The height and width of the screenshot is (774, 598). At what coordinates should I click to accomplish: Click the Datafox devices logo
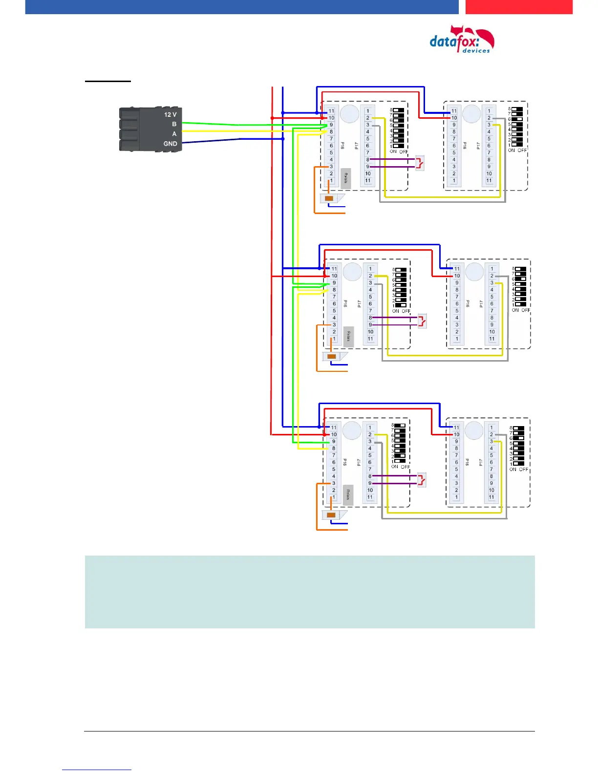(462, 39)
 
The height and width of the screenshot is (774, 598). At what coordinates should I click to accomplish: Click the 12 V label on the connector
(170, 114)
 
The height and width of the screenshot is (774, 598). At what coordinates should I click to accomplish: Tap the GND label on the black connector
(170, 144)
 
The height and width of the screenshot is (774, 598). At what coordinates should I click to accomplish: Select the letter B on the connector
(174, 124)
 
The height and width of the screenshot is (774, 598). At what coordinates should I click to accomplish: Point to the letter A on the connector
(174, 134)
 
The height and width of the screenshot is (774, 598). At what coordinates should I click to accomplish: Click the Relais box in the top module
(345, 178)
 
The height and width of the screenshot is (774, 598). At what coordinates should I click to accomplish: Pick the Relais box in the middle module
(348, 337)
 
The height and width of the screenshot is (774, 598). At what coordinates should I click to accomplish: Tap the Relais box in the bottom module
(348, 495)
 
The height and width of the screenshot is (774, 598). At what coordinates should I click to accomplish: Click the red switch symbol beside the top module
(420, 163)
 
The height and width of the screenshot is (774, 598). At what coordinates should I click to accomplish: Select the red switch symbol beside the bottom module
(422, 480)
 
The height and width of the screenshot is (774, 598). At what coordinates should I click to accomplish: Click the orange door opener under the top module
(329, 198)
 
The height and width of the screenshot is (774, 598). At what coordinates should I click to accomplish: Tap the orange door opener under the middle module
(332, 356)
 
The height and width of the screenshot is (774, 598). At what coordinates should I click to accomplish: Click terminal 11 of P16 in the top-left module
(331, 111)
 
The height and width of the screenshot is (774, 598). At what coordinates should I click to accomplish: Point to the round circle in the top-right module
(471, 114)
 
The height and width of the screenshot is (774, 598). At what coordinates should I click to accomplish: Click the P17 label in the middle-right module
(481, 304)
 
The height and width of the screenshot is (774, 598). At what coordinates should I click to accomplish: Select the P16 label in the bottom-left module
(345, 462)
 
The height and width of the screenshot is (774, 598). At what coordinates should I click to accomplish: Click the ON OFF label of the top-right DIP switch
(517, 150)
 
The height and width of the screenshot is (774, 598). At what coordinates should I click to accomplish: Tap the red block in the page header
(518, 7)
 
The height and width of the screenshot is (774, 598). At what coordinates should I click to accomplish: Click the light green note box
(310, 592)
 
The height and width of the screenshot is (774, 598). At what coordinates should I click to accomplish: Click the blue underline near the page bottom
(97, 770)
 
